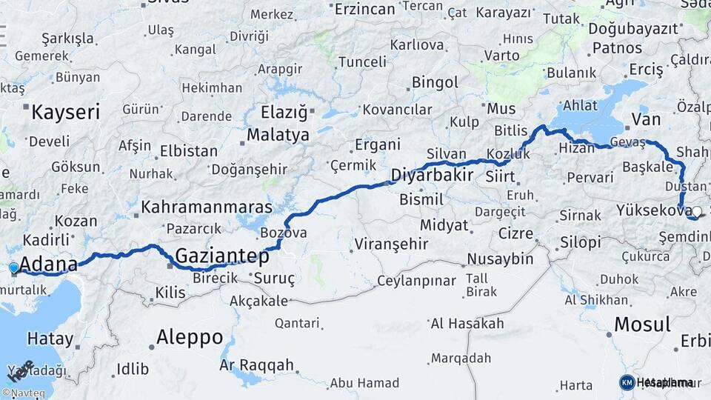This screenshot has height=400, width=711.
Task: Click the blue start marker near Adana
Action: pyautogui.click(x=13, y=268)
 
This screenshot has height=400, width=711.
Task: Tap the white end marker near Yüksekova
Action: pyautogui.click(x=696, y=211)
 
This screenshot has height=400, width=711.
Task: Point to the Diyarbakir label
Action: pyautogui.click(x=432, y=176)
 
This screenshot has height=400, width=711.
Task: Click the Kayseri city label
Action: pyautogui.click(x=65, y=112)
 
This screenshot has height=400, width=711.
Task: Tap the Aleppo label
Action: pyautogui.click(x=190, y=338)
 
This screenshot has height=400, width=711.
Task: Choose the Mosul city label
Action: pyautogui.click(x=642, y=324)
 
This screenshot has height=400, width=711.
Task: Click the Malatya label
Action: pyautogui.click(x=278, y=135)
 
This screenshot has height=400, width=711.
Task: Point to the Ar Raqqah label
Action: pyautogui.click(x=256, y=365)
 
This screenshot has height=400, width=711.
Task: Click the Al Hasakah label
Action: pyautogui.click(x=467, y=323)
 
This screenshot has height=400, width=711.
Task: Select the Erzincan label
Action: pyautogui.click(x=364, y=9)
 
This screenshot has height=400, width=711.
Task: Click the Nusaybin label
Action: pyautogui.click(x=500, y=259)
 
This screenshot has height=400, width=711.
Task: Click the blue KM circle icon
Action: pyautogui.click(x=627, y=382)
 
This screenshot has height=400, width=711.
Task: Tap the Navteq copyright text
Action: pyautogui.click(x=23, y=393)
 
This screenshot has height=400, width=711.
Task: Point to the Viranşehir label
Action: pyautogui.click(x=389, y=244)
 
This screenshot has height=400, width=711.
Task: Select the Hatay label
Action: pyautogui.click(x=50, y=339)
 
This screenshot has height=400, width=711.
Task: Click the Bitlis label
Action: pyautogui.click(x=511, y=130)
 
